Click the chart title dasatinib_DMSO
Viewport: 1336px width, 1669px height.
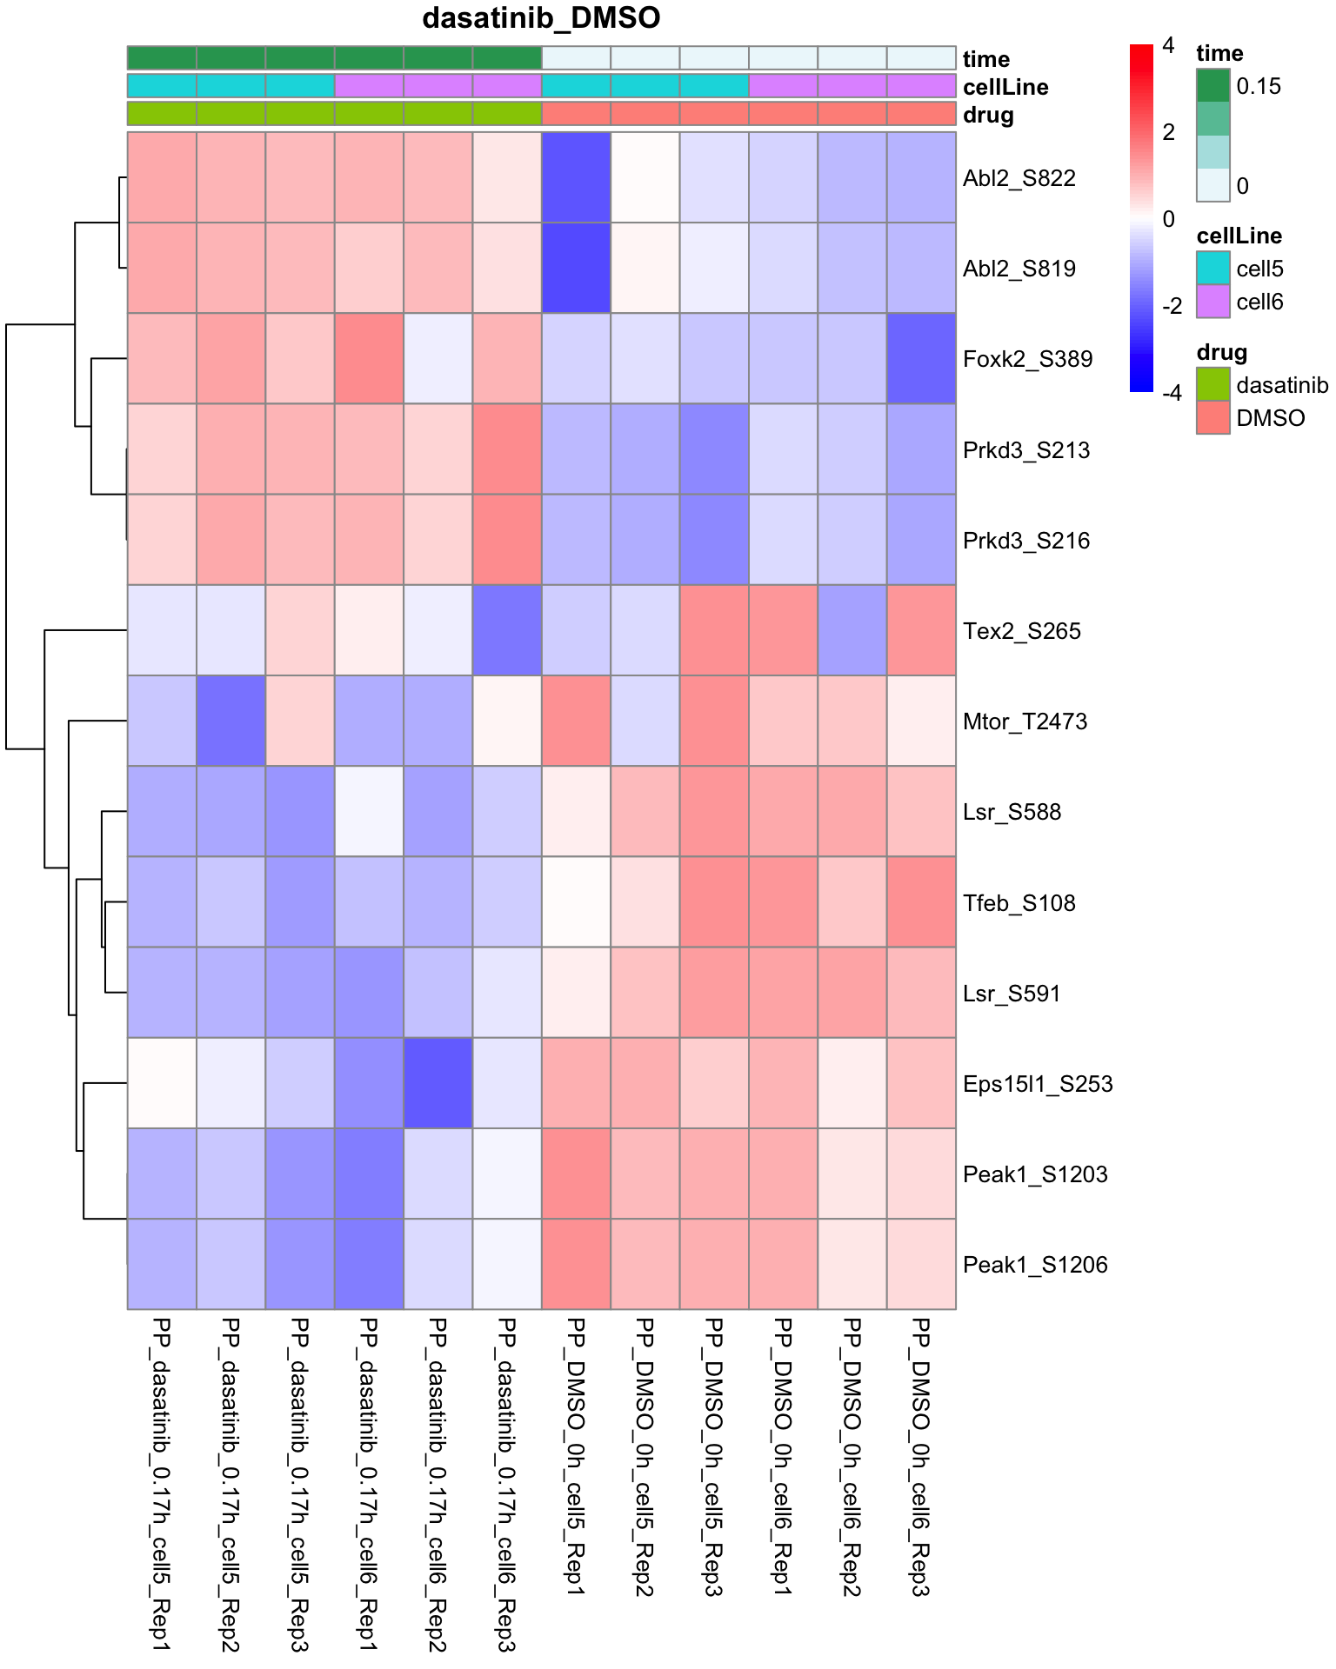tap(541, 18)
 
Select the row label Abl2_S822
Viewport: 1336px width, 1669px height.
tap(1019, 178)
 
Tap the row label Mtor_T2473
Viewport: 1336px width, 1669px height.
tap(1025, 721)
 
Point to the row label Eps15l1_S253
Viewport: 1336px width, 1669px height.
tap(1038, 1084)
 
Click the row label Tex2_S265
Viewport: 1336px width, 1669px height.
tap(1022, 631)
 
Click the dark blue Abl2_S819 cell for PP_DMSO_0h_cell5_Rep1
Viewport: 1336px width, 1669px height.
tap(576, 268)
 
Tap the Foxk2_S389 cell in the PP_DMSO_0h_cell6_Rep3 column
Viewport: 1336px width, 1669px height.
tap(921, 359)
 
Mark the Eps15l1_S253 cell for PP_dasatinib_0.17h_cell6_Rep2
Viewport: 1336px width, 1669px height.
tap(438, 1083)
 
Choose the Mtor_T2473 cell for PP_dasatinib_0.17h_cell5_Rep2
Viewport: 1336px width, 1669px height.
tap(230, 721)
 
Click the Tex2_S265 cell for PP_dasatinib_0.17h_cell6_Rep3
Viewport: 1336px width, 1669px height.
tap(507, 630)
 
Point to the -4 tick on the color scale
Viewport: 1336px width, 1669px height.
tap(1172, 393)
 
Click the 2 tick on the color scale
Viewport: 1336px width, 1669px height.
tap(1168, 132)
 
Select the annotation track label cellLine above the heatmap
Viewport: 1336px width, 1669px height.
tap(1005, 87)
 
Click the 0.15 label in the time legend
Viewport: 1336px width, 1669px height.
tap(1259, 86)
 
